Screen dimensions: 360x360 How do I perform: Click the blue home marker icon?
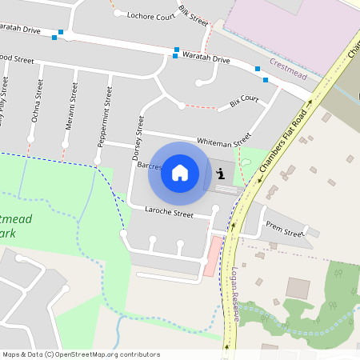click(180, 173)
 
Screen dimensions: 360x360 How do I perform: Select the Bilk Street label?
click(194, 14)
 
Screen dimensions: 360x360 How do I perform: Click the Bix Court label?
click(244, 102)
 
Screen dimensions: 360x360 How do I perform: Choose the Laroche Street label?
click(169, 213)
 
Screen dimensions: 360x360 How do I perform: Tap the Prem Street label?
click(284, 229)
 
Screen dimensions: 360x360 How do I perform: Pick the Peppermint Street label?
click(104, 118)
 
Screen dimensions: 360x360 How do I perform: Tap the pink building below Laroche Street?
click(210, 257)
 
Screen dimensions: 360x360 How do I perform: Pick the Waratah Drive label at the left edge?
click(20, 30)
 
